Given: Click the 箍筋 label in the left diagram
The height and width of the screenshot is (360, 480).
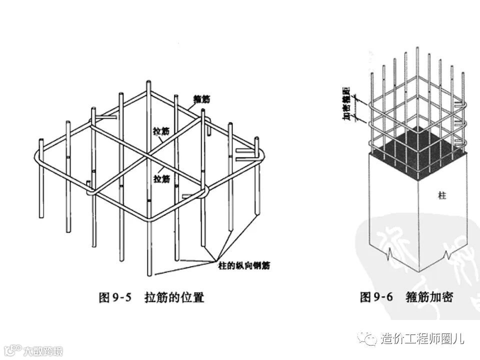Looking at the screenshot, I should [201, 100].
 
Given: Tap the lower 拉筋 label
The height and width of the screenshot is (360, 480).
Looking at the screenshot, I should [161, 178].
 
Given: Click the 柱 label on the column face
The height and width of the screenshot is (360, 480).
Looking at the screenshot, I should [441, 196].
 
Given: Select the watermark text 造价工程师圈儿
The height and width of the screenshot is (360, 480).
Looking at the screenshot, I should [422, 339].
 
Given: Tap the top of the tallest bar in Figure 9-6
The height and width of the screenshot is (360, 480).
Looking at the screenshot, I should [418, 48].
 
